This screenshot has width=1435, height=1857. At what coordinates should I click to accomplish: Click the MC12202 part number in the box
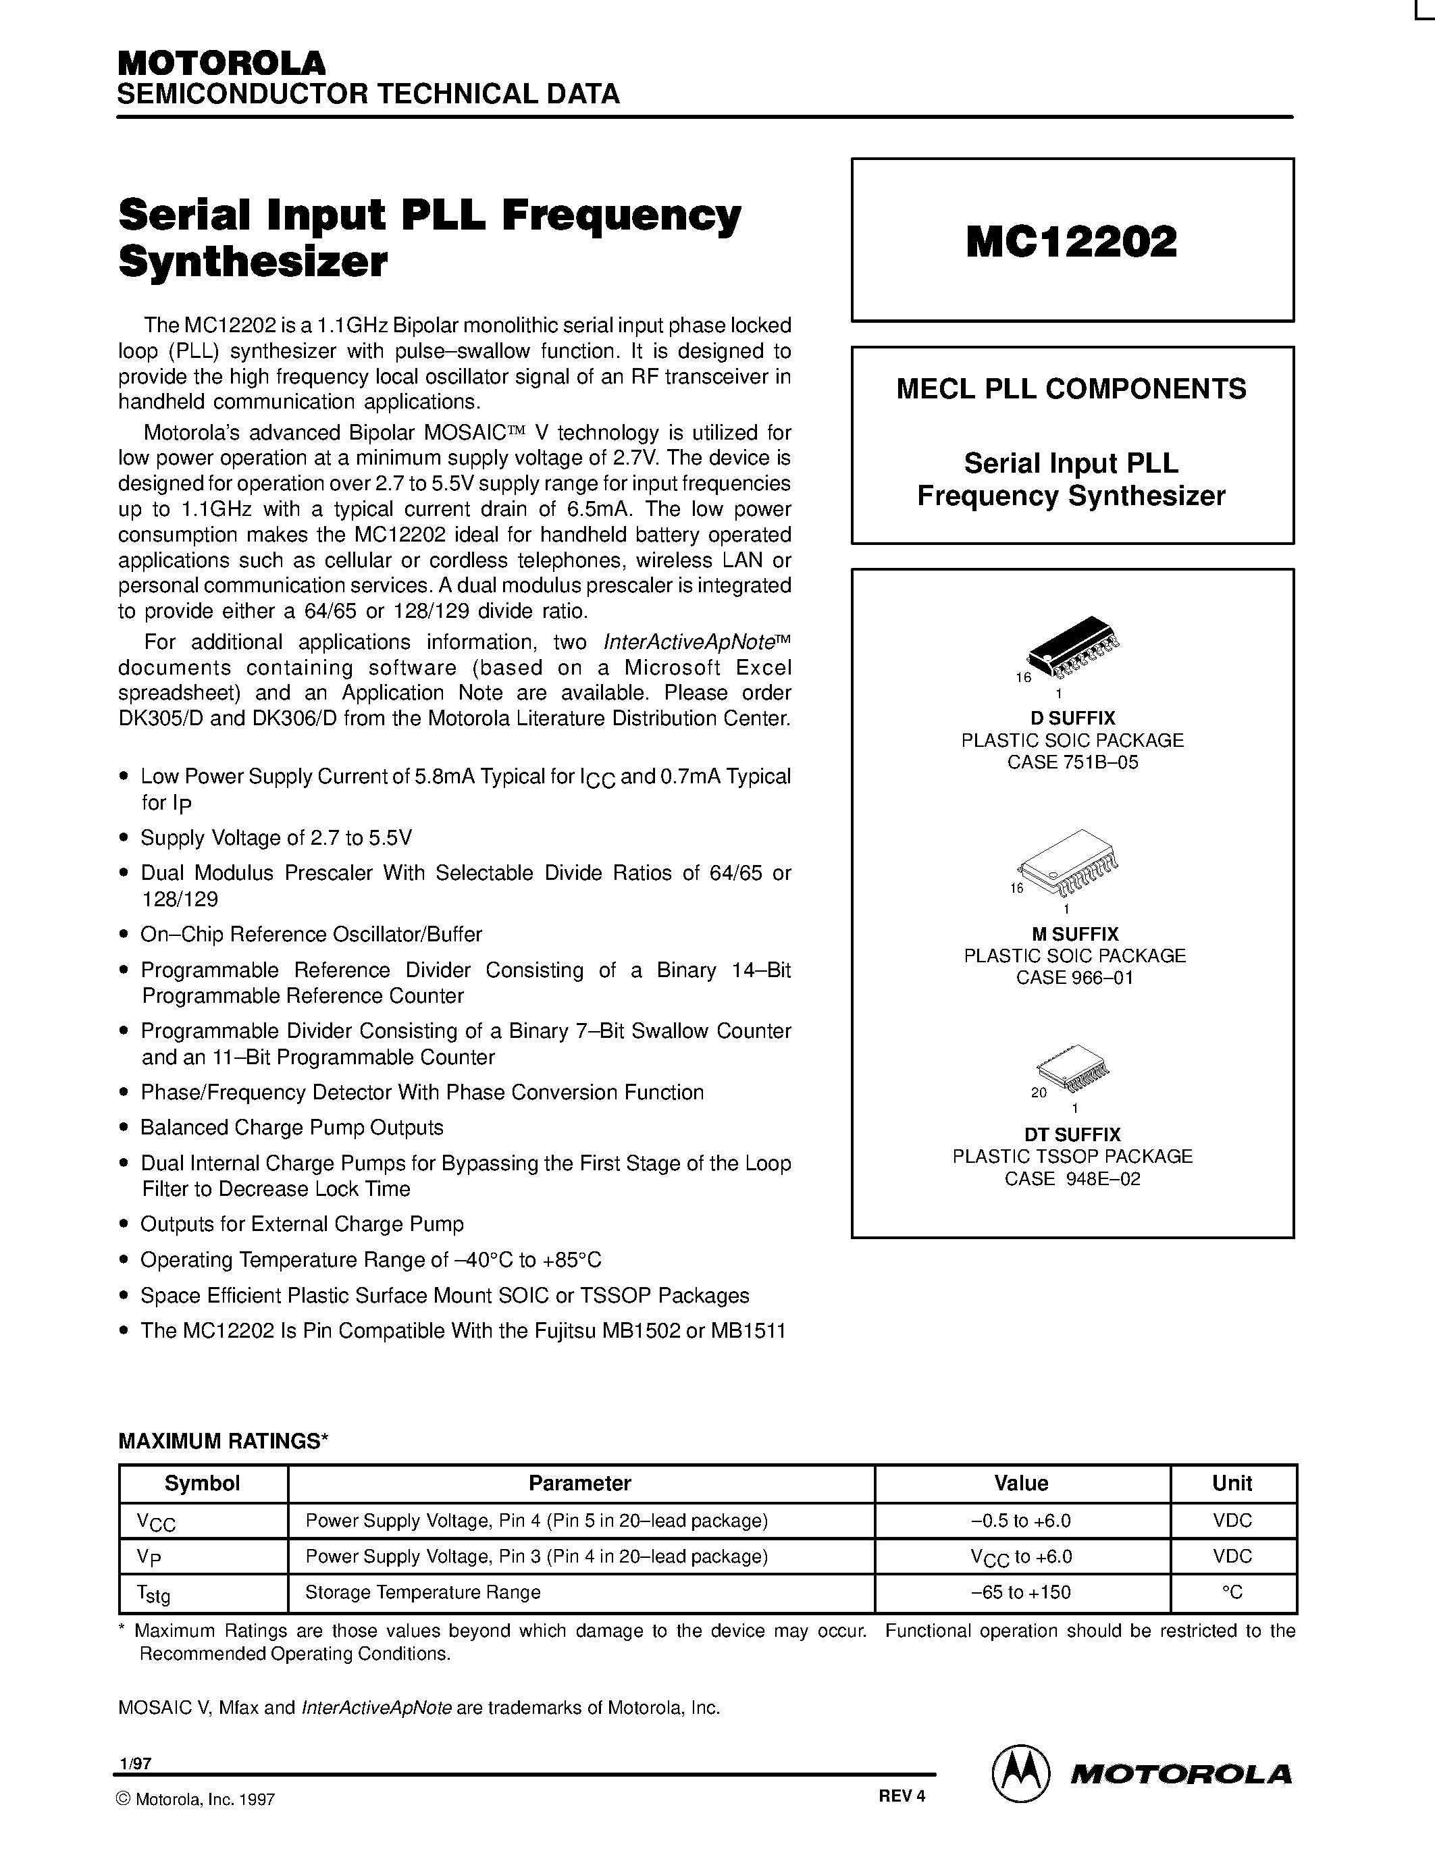coord(1071,242)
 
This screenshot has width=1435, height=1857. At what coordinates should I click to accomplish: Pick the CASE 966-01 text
coord(1074,977)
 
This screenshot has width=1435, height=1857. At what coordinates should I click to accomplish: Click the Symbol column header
coord(203,1483)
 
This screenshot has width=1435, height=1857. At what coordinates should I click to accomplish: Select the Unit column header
coord(1232,1483)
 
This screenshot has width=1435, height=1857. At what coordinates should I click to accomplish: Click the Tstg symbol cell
coord(153,1594)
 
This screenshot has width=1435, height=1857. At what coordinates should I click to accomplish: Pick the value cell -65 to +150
coord(1020,1592)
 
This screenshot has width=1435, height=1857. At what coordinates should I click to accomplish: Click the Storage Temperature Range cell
coord(423,1592)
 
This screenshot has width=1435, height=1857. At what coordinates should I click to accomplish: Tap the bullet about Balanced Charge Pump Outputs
coord(292,1128)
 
